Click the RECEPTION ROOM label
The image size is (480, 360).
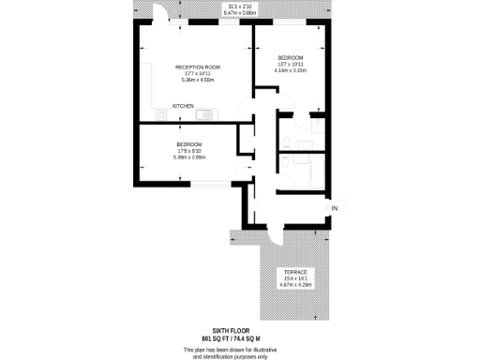pyautogui.click(x=198, y=67)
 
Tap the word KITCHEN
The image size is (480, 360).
pyautogui.click(x=183, y=107)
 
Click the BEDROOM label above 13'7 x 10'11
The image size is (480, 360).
pyautogui.click(x=290, y=59)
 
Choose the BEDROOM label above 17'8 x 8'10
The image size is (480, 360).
pyautogui.click(x=188, y=143)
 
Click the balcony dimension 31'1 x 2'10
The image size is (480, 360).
pyautogui.click(x=240, y=6)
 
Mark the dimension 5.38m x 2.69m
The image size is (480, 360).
pyautogui.click(x=188, y=157)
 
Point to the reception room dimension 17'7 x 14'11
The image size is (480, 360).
pyautogui.click(x=197, y=73)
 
